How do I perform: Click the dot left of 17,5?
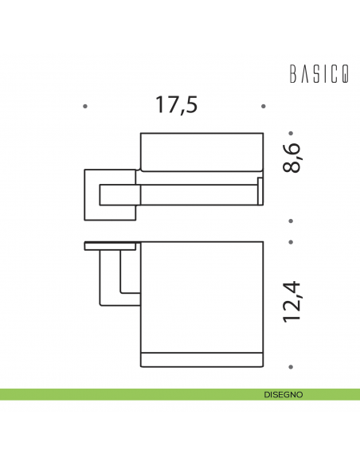tap(85, 105)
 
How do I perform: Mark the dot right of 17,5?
tap(264, 105)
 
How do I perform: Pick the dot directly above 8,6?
tap(292, 133)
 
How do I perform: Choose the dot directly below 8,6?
tap(292, 220)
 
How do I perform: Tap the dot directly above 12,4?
tap(292, 241)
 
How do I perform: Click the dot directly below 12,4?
tap(292, 366)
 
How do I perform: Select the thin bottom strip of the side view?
tap(202, 358)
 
